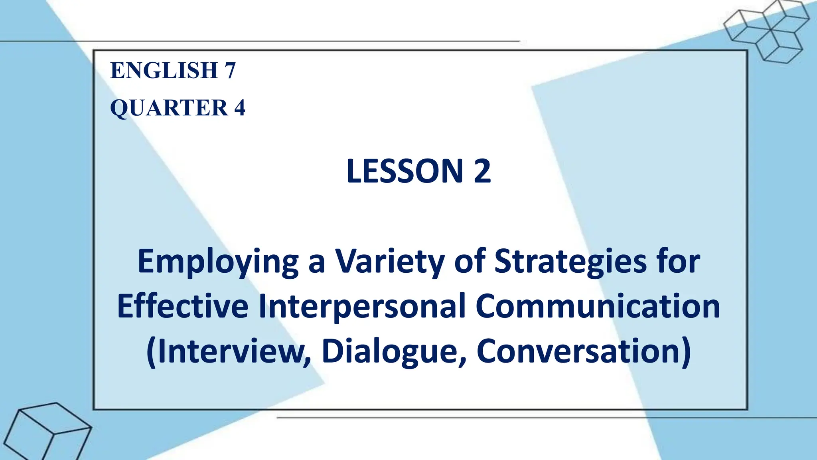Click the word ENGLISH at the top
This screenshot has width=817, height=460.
[x=164, y=71]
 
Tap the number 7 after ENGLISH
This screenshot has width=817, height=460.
[x=230, y=71]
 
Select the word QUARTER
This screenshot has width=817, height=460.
[x=169, y=108]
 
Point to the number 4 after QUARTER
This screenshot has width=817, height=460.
[x=239, y=108]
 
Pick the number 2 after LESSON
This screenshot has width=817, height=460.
[x=482, y=171]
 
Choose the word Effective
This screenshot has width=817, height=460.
[x=183, y=307]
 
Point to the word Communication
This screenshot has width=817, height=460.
[x=598, y=307]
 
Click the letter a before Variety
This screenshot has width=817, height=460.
[x=316, y=264]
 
